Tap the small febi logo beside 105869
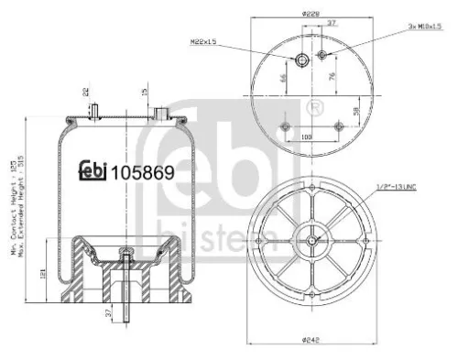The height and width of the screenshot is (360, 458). pos(91,170)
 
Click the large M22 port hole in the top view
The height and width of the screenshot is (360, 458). pos(301,60)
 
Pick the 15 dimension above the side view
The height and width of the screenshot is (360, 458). pos(145,91)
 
